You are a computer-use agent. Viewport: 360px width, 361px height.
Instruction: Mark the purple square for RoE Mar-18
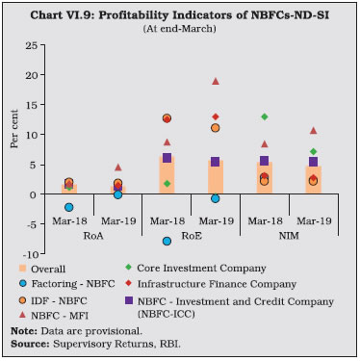click(x=167, y=158)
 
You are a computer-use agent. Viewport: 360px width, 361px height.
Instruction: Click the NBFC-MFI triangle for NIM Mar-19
click(x=313, y=130)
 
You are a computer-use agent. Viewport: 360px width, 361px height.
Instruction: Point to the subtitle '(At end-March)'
click(x=179, y=24)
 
